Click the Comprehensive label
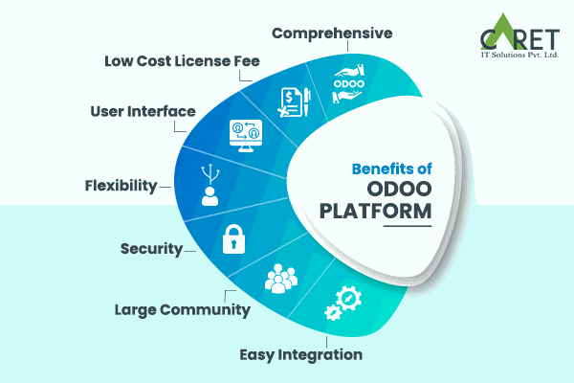pyautogui.click(x=332, y=33)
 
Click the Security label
pyautogui.click(x=151, y=249)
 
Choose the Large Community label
pyautogui.click(x=183, y=309)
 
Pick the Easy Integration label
pyautogui.click(x=300, y=354)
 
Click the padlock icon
pyautogui.click(x=233, y=239)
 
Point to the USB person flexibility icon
pyautogui.click(x=210, y=185)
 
